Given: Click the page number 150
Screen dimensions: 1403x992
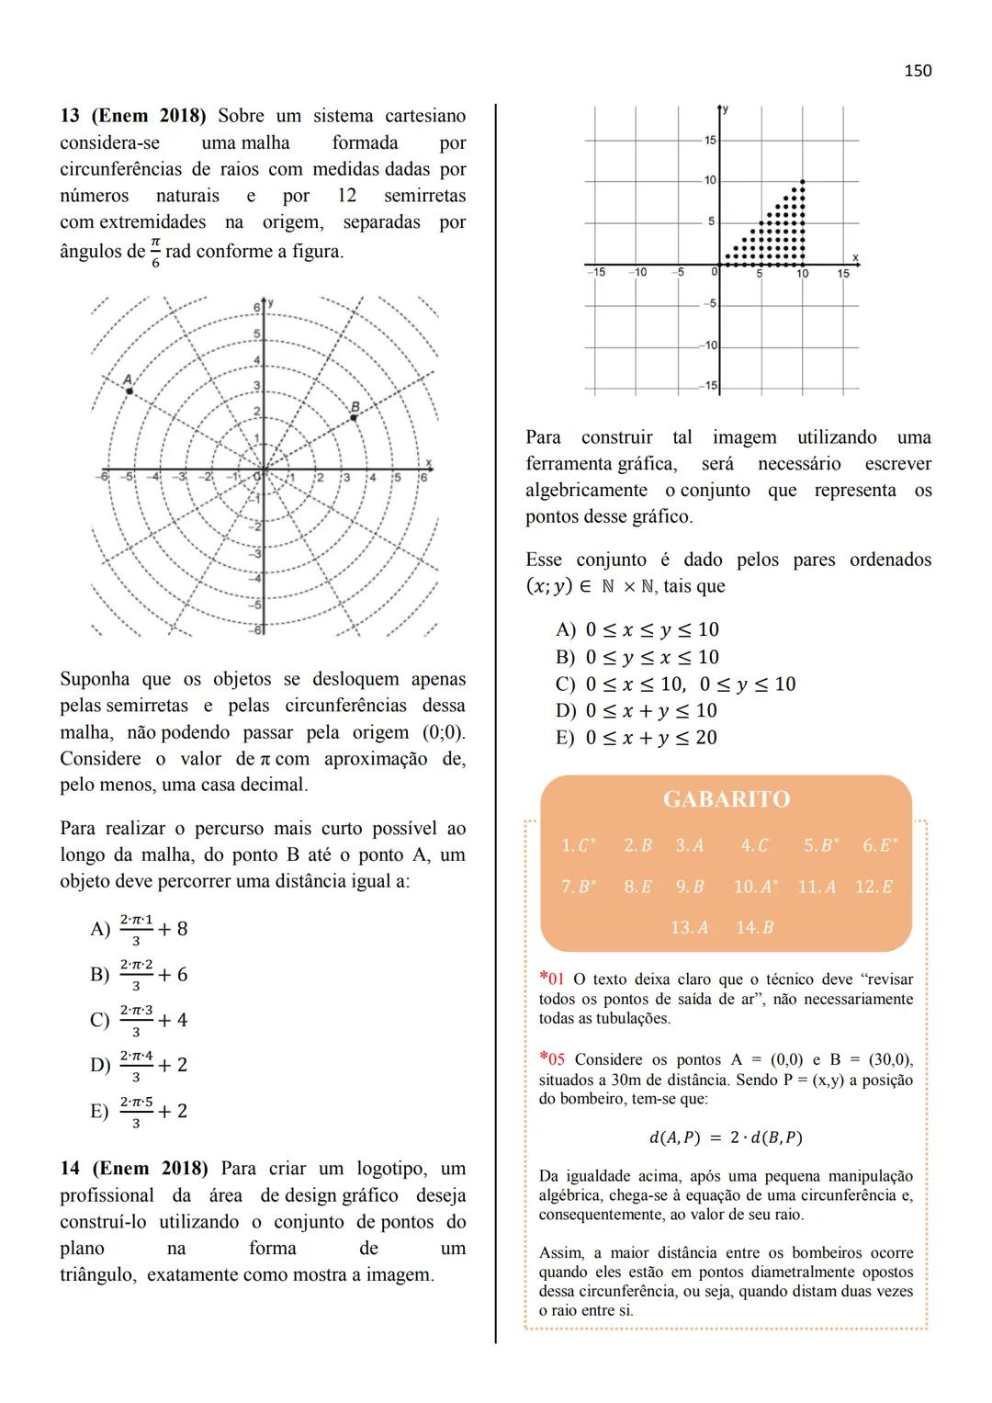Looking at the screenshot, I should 917,71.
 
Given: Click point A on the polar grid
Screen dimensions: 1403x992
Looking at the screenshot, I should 130,391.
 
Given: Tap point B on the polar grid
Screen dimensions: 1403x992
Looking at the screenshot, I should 354,418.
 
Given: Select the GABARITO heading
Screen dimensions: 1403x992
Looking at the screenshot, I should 726,799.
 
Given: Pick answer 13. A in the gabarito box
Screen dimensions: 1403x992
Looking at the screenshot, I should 689,927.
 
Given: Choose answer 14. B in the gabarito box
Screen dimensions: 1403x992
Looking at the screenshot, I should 754,927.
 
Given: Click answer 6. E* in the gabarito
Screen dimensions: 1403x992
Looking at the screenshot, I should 879,845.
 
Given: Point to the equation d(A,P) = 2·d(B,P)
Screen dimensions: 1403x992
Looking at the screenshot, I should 726,1137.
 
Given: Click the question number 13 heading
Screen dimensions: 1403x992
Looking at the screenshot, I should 70,116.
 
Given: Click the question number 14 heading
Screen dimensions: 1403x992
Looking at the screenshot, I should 70,1169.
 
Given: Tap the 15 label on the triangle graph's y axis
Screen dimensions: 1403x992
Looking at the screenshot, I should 710,141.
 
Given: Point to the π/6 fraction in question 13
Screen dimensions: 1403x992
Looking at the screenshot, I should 155,251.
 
